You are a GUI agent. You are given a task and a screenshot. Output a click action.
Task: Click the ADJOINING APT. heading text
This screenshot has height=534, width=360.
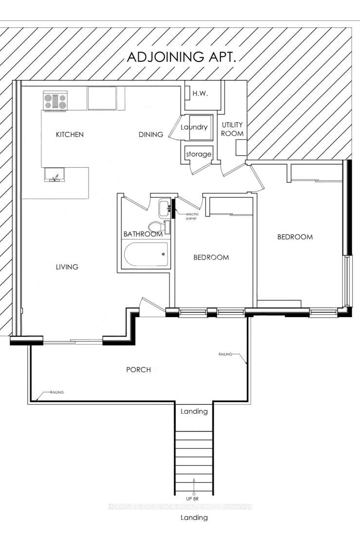(x=181, y=57)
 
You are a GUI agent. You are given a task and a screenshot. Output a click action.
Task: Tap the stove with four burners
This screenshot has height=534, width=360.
(x=55, y=101)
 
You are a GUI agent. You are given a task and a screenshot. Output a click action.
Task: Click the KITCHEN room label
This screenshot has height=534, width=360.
(x=70, y=134)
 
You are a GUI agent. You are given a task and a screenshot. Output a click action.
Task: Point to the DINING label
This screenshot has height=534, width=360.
(x=151, y=134)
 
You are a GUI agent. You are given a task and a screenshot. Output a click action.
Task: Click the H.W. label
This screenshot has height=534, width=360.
(x=200, y=94)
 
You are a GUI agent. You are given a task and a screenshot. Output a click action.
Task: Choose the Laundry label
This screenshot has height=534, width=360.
(x=194, y=127)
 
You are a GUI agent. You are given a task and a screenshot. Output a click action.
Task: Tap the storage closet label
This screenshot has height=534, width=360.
(x=198, y=154)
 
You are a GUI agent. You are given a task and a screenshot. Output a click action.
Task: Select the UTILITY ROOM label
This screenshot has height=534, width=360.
(x=232, y=129)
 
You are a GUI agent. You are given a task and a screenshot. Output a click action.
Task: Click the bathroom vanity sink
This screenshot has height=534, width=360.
(x=163, y=208)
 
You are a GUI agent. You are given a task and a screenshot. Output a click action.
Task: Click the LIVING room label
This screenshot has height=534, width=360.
(x=67, y=267)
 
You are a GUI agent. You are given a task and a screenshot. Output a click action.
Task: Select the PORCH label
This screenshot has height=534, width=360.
(x=138, y=370)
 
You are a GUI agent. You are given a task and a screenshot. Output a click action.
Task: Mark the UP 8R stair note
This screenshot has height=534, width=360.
(x=194, y=498)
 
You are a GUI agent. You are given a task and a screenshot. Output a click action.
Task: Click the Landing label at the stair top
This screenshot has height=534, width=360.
(x=194, y=411)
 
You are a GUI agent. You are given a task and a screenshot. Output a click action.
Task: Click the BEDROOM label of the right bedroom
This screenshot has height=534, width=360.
(x=295, y=237)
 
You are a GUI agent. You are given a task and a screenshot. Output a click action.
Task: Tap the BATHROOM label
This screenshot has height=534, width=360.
(x=143, y=234)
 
